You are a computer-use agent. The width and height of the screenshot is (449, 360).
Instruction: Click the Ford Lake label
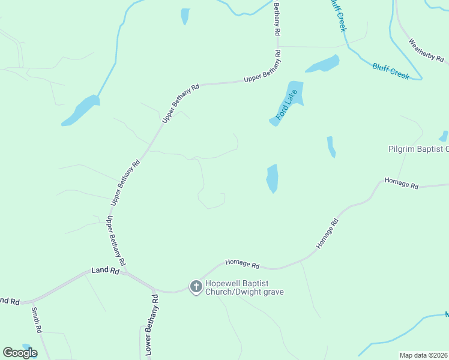pyautogui.click(x=287, y=104)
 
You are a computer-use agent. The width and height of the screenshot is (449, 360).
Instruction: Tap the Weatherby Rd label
pyautogui.click(x=426, y=51)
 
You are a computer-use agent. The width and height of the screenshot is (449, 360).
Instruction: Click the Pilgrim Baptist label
pyautogui.click(x=418, y=149)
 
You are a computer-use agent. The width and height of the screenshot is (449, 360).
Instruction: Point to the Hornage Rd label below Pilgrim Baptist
pyautogui.click(x=401, y=183)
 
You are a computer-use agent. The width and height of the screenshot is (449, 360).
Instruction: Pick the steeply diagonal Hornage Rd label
pyautogui.click(x=327, y=234)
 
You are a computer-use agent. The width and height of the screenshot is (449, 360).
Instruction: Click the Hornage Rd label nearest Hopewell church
pyautogui.click(x=243, y=263)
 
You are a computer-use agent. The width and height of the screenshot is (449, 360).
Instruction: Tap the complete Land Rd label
pyautogui.click(x=106, y=271)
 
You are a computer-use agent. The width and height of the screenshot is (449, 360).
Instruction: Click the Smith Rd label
pyautogui.click(x=36, y=320)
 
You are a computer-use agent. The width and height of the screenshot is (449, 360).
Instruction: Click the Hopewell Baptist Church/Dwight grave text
pyautogui.click(x=244, y=287)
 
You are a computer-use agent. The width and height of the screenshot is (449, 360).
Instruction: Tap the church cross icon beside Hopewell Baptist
pyautogui.click(x=196, y=287)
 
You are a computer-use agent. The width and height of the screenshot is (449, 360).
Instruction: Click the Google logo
pyautogui.click(x=20, y=353)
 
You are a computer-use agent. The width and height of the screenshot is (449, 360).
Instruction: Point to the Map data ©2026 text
pyautogui.click(x=424, y=355)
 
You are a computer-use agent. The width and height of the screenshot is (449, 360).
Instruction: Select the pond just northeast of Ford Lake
pyautogui.click(x=323, y=64)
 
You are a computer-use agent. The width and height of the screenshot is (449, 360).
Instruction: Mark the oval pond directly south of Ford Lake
pyautogui.click(x=273, y=178)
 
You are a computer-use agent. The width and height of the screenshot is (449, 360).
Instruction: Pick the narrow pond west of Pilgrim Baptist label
pyautogui.click(x=331, y=146)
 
